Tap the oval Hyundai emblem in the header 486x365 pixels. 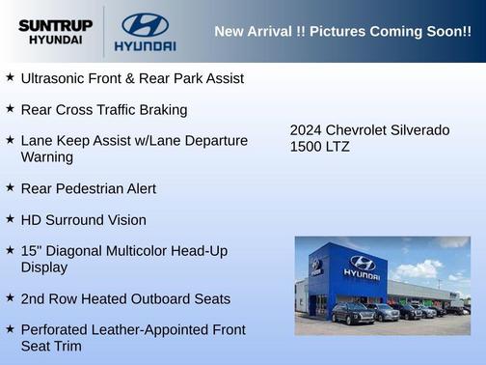point(145,24)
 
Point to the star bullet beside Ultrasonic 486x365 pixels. point(10,77)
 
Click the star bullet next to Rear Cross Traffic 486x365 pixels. point(10,109)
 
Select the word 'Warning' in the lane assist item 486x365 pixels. point(47,156)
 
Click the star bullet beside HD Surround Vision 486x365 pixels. point(10,219)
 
